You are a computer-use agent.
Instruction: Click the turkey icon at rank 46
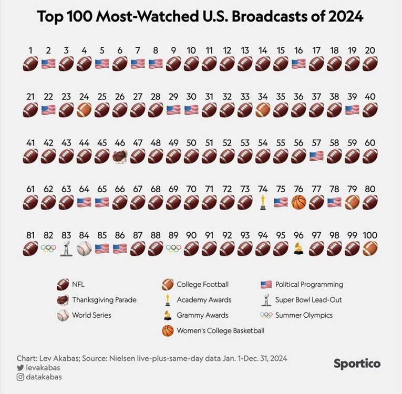point(120,156)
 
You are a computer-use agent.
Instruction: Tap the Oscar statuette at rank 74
point(263,202)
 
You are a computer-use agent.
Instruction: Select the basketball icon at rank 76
point(298,202)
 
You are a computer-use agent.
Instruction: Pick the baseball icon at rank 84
point(84,248)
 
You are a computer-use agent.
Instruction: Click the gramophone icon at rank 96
point(298,248)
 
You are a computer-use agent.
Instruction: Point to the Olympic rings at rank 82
point(48,248)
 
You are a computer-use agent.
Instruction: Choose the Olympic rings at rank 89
point(173,248)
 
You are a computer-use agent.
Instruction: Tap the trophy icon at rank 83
point(66,248)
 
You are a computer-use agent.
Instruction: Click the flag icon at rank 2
point(48,64)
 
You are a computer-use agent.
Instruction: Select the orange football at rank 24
point(84,110)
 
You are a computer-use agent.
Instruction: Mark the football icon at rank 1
point(30,64)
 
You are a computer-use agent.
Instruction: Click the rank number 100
point(370,235)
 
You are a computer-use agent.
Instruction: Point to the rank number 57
point(316,143)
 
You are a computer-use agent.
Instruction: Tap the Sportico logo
point(357,364)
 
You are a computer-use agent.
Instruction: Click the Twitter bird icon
point(20,368)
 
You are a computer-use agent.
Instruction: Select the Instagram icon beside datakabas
point(20,377)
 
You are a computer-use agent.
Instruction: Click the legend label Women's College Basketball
point(220,330)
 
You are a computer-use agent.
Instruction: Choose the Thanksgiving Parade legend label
point(104,299)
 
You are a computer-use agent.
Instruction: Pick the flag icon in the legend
point(266,284)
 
